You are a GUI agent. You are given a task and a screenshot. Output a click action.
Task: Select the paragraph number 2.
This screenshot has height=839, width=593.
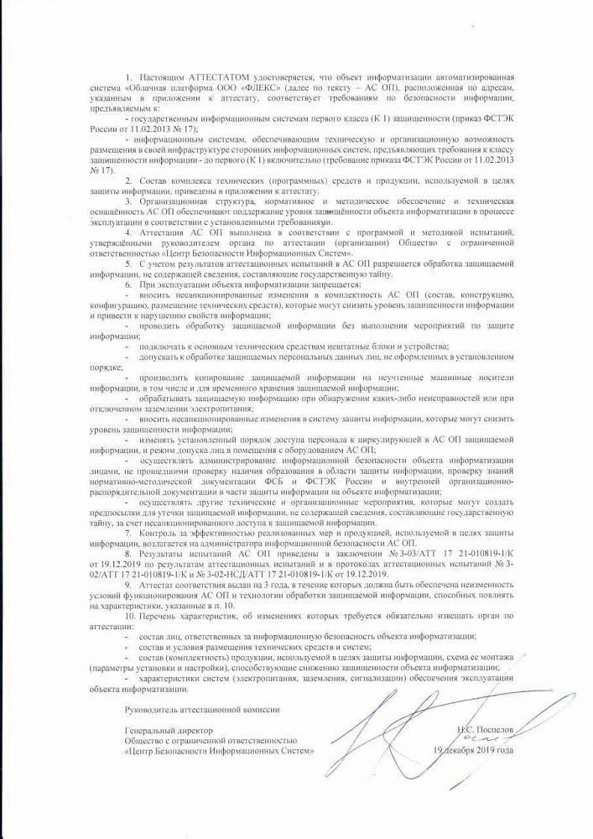click(128, 180)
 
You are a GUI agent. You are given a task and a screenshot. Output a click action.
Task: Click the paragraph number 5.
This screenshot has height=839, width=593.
click(128, 263)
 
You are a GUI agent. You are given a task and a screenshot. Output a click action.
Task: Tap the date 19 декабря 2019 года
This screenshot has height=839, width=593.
click(473, 750)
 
